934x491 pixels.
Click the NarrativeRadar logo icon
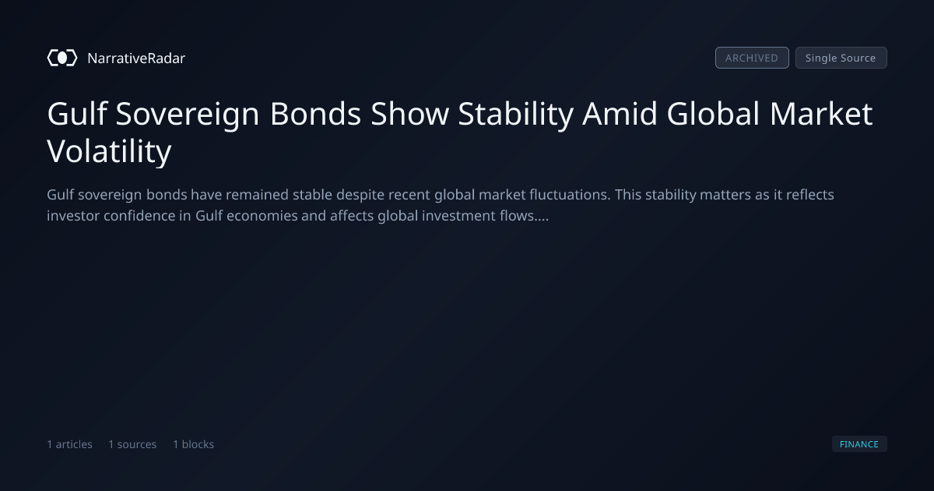pyautogui.click(x=62, y=58)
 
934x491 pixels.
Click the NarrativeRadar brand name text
pyautogui.click(x=136, y=58)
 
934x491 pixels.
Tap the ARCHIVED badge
pyautogui.click(x=752, y=58)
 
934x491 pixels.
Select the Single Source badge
pyautogui.click(x=841, y=58)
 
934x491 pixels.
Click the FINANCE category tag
pyautogui.click(x=859, y=443)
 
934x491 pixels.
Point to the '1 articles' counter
pyautogui.click(x=69, y=444)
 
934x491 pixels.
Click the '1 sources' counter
pyautogui.click(x=132, y=444)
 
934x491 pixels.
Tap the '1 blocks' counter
pyautogui.click(x=194, y=444)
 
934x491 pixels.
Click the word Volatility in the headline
pyautogui.click(x=109, y=151)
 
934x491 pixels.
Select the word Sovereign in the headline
pyautogui.click(x=188, y=114)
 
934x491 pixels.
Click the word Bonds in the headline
pyautogui.click(x=316, y=114)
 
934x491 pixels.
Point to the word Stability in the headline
pyautogui.click(x=516, y=114)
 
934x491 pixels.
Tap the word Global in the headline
pyautogui.click(x=713, y=114)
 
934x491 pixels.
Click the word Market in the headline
pyautogui.click(x=821, y=114)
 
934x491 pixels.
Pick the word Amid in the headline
pyautogui.click(x=620, y=114)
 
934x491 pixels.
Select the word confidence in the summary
pyautogui.click(x=139, y=215)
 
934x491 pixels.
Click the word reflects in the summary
pyautogui.click(x=810, y=195)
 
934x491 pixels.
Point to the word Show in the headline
pyautogui.click(x=409, y=114)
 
